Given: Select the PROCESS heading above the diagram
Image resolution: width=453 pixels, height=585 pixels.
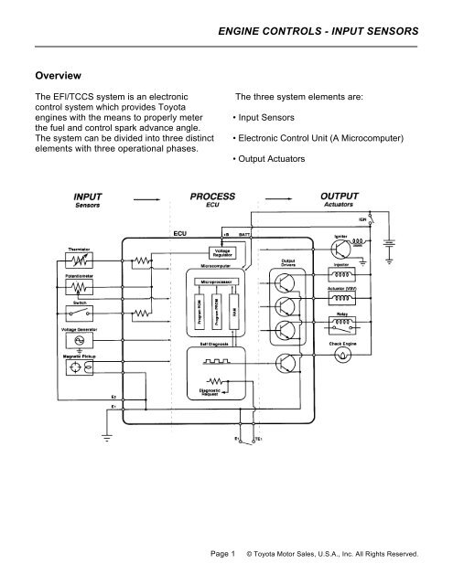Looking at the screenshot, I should pos(212,196).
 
